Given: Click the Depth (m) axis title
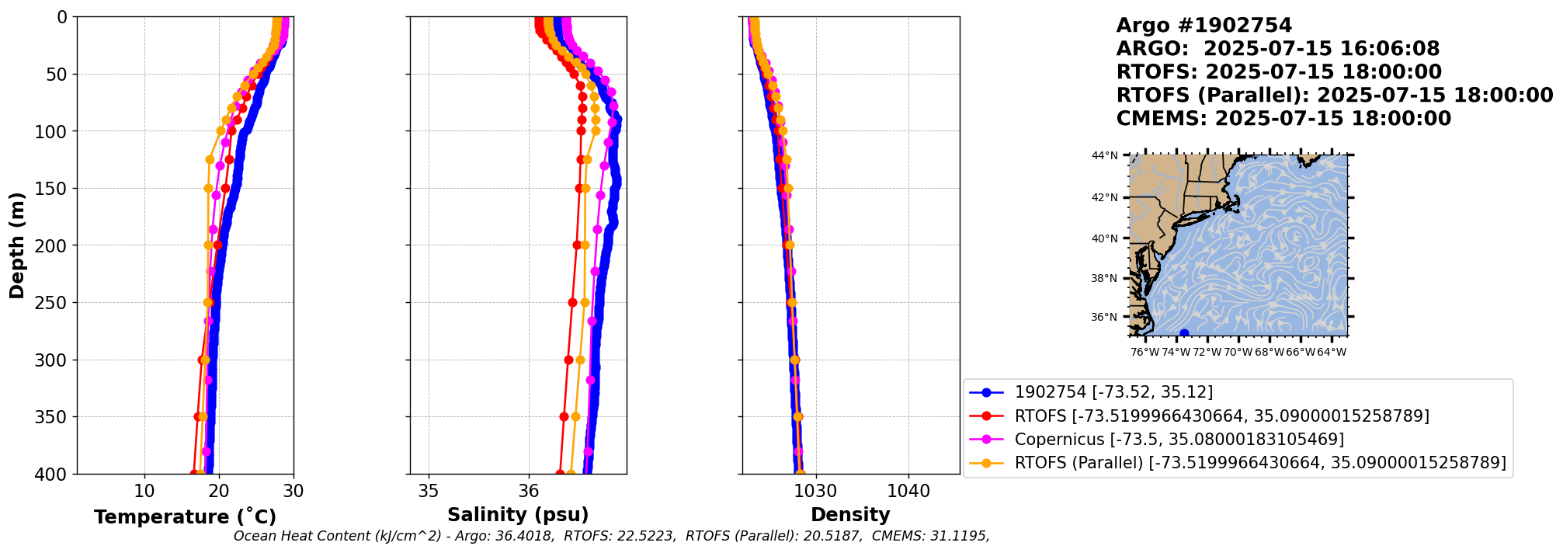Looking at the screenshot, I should tap(17, 245).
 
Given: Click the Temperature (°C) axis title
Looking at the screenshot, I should tap(185, 517).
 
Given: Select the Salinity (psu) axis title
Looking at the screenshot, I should tap(518, 515).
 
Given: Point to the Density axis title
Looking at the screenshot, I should tap(850, 515).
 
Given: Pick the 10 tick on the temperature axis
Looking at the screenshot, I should tap(144, 491).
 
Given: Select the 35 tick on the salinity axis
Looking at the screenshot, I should tap(429, 491).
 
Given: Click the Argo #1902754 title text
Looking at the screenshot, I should tap(1204, 26).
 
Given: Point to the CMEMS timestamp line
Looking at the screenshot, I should tap(1283, 119).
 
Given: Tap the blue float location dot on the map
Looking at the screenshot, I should tap(1184, 333).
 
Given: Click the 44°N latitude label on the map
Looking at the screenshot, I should tap(1104, 155).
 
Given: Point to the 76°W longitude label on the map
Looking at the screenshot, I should tap(1145, 352).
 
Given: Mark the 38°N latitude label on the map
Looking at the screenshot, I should tap(1104, 278).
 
